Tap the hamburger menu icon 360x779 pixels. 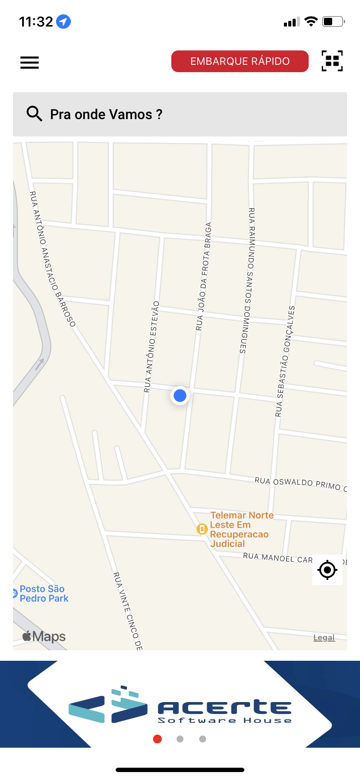coord(30,63)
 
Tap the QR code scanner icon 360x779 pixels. coord(332,61)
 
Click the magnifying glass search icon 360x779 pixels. coord(34,114)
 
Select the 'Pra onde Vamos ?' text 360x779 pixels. coord(106,114)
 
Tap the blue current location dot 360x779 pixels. coord(180,396)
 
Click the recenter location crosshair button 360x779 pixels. coord(327,569)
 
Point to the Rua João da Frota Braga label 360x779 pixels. coord(203,276)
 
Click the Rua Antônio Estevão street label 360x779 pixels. coord(151,347)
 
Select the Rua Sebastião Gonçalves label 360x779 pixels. coord(285,361)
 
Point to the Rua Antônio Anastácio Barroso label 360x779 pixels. coord(53,259)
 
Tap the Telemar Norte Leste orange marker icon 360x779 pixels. coord(202,529)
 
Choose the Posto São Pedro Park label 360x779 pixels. coord(44,593)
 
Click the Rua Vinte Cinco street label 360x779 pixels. coord(127,611)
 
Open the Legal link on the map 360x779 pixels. coord(324,638)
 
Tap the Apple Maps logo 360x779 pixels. coord(44,636)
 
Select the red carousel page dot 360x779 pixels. coord(157,739)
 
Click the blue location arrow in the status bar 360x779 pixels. coord(63,21)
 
